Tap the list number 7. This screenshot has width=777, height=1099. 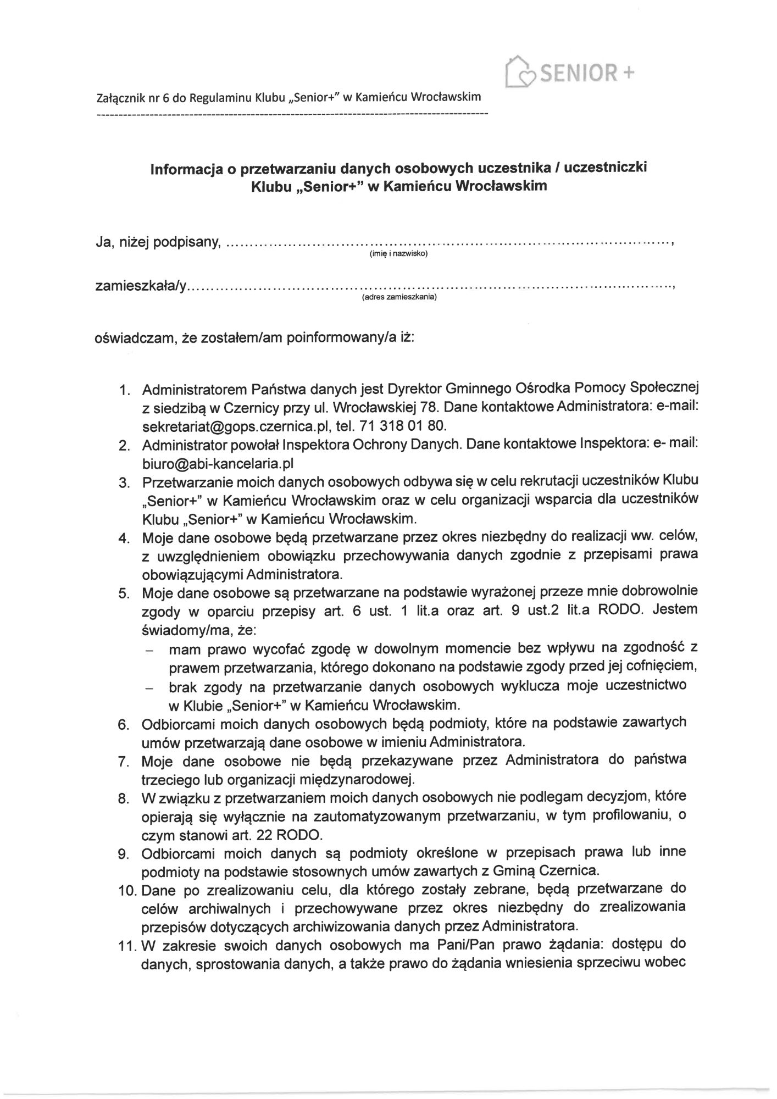124,762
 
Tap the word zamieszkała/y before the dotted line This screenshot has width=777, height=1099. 141,286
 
